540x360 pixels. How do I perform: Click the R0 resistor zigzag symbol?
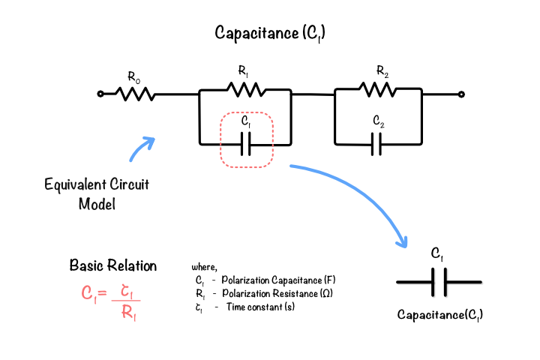(x=135, y=94)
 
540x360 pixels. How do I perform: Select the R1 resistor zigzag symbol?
(x=246, y=89)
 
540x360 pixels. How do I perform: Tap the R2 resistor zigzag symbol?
(x=378, y=89)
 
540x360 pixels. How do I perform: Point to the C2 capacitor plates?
(x=376, y=144)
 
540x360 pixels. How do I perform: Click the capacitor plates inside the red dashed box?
(x=245, y=144)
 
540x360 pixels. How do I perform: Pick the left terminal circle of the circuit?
(x=100, y=94)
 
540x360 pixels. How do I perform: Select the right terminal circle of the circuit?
(x=461, y=94)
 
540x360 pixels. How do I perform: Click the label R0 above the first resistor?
(x=134, y=77)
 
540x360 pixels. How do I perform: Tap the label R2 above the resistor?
(x=382, y=71)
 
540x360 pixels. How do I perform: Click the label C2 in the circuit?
(x=379, y=121)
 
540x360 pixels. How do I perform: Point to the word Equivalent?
(x=74, y=184)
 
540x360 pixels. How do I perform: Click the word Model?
(x=97, y=204)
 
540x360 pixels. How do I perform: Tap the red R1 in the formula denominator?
(x=129, y=313)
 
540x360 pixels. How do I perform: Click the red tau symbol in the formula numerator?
(x=127, y=292)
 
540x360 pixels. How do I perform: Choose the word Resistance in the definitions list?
(x=295, y=293)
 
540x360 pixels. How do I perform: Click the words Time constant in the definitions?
(x=254, y=307)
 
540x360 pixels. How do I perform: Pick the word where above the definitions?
(x=204, y=267)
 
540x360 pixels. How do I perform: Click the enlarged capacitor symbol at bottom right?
(x=439, y=282)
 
